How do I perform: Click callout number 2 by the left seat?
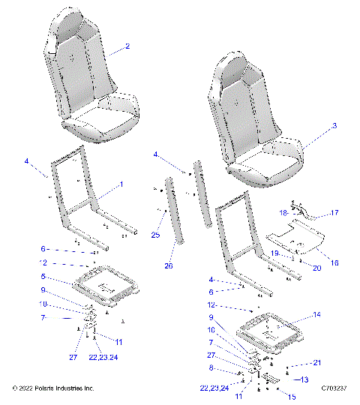click(x=127, y=46)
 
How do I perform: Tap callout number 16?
click(x=333, y=263)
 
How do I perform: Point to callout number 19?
click(x=275, y=253)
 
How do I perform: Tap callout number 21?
click(x=318, y=363)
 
